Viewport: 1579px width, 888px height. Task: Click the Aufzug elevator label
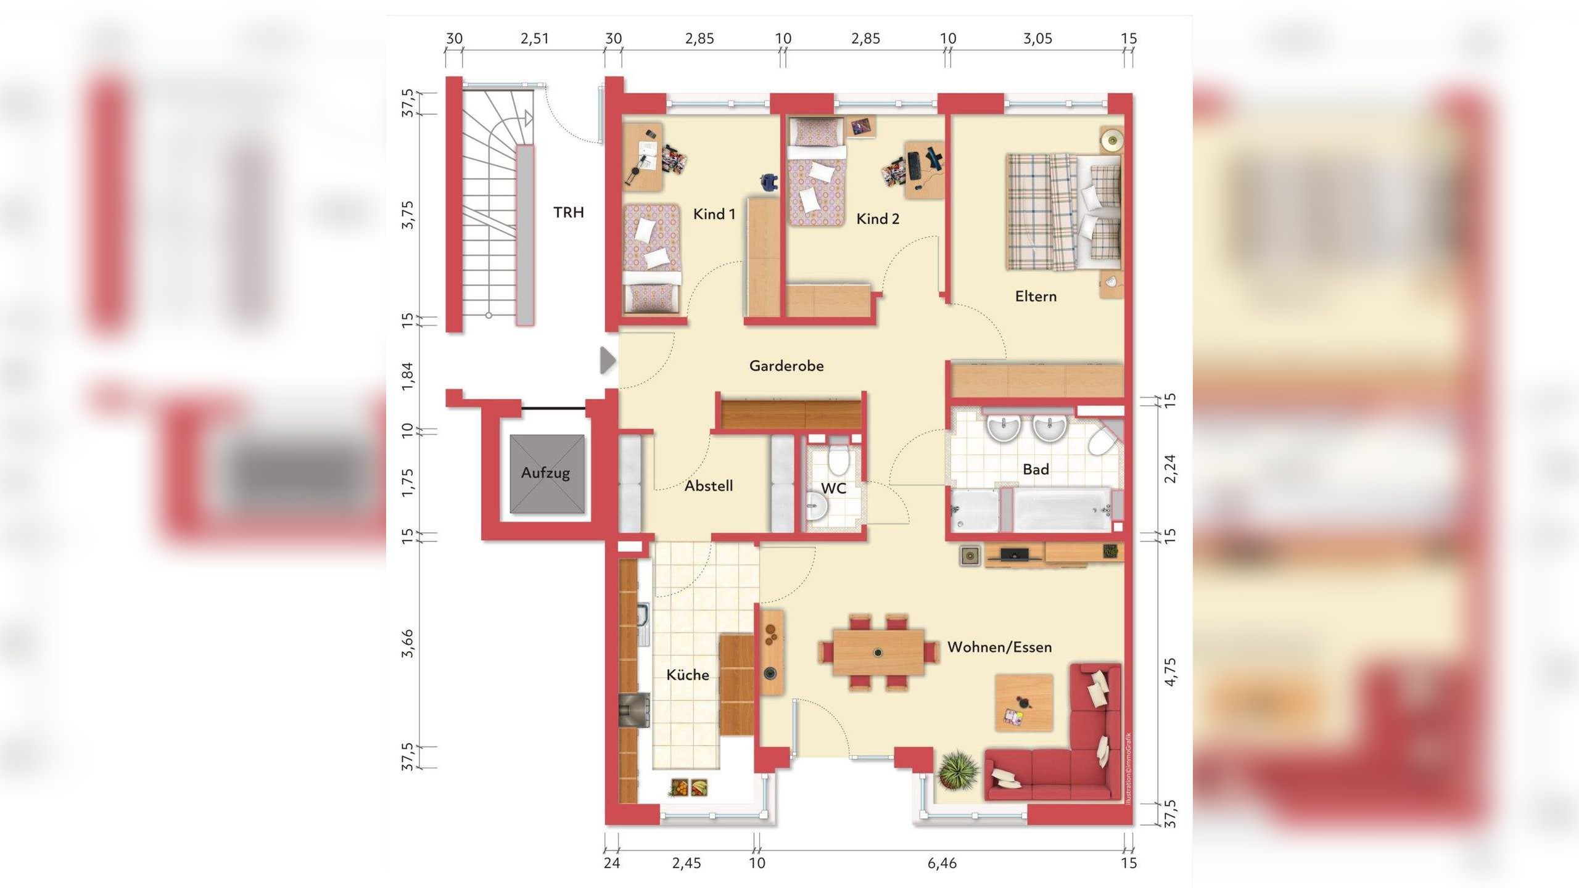click(x=545, y=474)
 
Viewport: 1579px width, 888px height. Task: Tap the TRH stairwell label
click(x=568, y=213)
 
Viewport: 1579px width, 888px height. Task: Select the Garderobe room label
click(x=786, y=366)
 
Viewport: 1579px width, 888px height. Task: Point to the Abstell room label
click(x=709, y=486)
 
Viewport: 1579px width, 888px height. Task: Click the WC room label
click(x=833, y=488)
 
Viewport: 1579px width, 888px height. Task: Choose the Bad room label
click(x=1036, y=470)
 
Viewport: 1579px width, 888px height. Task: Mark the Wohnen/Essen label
click(x=999, y=647)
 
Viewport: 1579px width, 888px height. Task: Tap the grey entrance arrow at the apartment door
click(x=608, y=361)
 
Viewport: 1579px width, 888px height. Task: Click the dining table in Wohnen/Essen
click(x=878, y=652)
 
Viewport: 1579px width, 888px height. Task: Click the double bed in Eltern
click(x=1064, y=212)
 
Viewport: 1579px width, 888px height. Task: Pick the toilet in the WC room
click(x=838, y=459)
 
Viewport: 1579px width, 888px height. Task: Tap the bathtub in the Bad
click(x=1062, y=509)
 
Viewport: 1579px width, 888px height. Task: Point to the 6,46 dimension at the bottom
click(x=942, y=863)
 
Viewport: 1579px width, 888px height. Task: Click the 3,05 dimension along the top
click(x=1037, y=39)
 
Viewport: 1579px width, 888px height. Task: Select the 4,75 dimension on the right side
click(x=1170, y=672)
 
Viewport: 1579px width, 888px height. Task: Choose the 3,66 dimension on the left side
click(x=408, y=644)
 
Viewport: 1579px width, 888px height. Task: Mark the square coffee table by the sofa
click(x=1024, y=703)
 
